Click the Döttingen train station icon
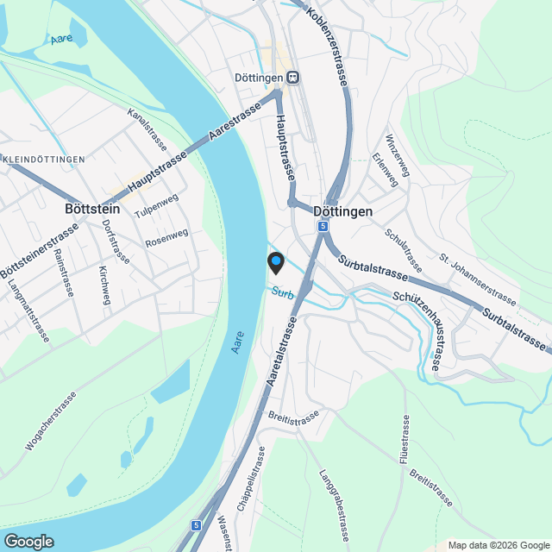(x=293, y=77)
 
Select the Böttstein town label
(x=92, y=209)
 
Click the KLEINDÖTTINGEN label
(x=44, y=160)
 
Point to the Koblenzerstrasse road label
(x=327, y=44)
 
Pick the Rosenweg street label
(x=166, y=235)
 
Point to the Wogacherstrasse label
(x=52, y=421)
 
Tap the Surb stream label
(x=282, y=293)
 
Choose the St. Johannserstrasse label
(x=478, y=279)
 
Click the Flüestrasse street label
(x=404, y=440)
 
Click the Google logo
(x=28, y=541)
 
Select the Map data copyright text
(x=498, y=545)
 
